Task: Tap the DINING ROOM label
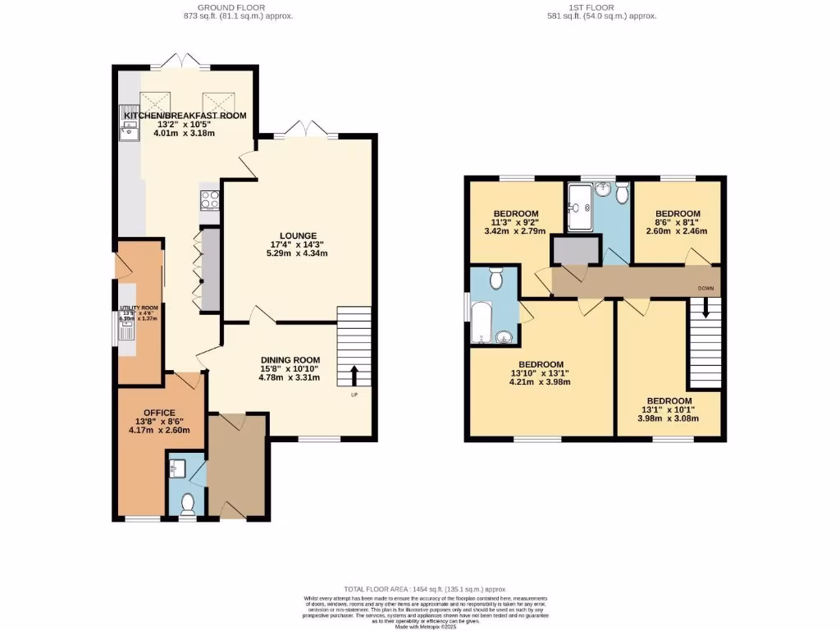[x=290, y=360]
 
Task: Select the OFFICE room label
[x=160, y=412]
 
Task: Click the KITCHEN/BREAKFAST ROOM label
[x=185, y=116]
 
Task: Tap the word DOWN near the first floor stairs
[x=705, y=289]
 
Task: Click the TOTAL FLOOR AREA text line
[x=424, y=589]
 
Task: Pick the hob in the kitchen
[x=209, y=199]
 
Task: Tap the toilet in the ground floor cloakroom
[x=187, y=502]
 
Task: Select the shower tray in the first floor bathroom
[x=582, y=205]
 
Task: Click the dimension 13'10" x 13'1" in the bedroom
[x=539, y=373]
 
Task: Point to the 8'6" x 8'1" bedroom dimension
[x=677, y=221]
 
